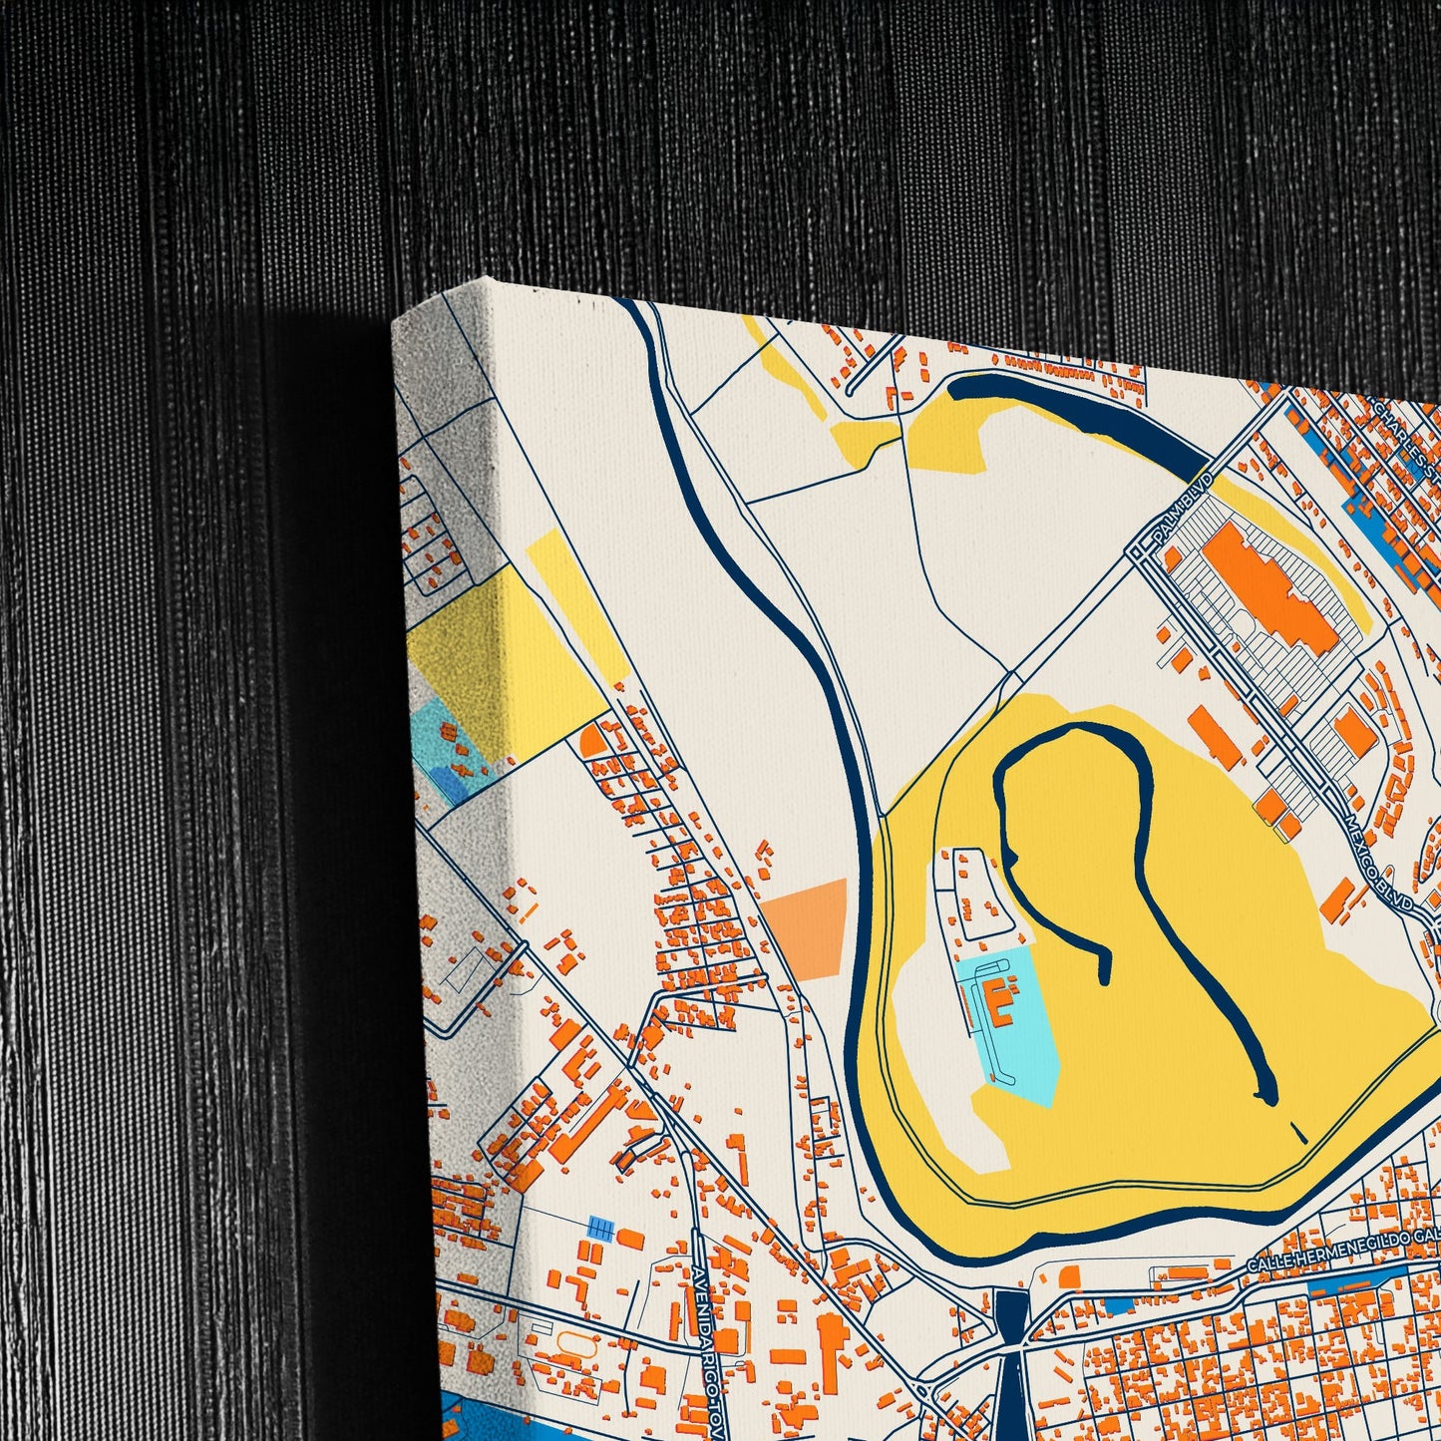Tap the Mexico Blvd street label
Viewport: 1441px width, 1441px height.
tap(1377, 858)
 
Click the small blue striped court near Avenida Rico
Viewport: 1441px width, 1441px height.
tap(600, 1229)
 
